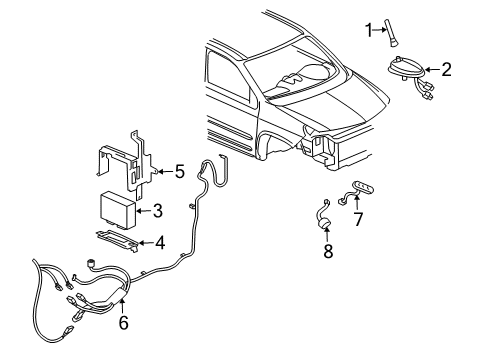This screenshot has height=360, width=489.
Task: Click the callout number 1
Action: [x=368, y=28]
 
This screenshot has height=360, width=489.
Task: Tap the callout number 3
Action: [x=157, y=211]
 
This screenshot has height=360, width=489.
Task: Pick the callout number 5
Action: [x=180, y=171]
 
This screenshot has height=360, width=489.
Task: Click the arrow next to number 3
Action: [x=143, y=211]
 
